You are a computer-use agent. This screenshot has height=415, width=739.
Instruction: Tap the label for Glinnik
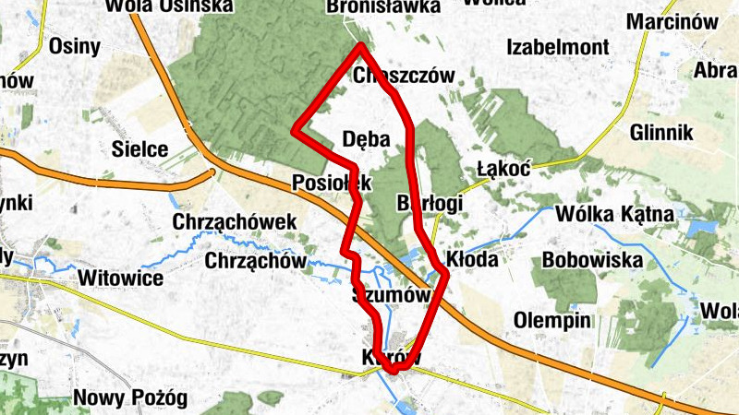coord(660,133)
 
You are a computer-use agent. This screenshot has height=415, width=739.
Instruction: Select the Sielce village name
coord(139,148)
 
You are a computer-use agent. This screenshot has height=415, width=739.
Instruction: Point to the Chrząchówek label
coord(235,222)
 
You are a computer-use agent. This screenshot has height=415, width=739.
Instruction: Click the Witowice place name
coord(121,278)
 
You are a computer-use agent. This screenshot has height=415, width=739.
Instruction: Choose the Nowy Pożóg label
coord(130,398)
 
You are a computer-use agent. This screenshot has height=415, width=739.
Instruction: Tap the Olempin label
coord(551,321)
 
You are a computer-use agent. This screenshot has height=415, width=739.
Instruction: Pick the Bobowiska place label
coord(592,260)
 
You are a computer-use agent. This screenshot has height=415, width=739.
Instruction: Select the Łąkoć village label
coord(503,170)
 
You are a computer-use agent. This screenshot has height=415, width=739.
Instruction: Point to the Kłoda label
coord(472,259)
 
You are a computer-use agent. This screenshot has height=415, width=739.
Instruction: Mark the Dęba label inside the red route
coord(367,139)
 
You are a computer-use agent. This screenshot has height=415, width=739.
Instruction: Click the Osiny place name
coord(74,46)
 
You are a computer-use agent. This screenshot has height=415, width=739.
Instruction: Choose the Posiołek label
coord(331,183)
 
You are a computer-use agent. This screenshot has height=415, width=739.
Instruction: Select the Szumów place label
coord(392,295)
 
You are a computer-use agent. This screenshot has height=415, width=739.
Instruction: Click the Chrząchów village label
coord(255,261)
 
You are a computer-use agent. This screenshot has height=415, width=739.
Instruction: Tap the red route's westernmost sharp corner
coord(295,131)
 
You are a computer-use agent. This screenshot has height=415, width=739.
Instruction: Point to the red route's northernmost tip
coord(360,45)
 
